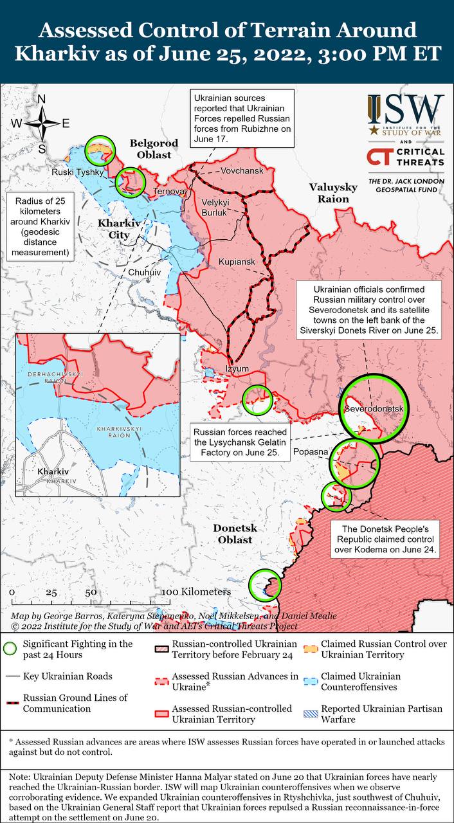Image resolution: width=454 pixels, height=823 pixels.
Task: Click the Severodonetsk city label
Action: [373, 409]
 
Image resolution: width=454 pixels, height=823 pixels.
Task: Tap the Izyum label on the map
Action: [237, 368]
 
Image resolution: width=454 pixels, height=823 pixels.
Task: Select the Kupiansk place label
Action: [237, 262]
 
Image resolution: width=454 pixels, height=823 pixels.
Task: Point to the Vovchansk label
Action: [242, 172]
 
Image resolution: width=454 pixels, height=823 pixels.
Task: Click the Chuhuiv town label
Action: [144, 273]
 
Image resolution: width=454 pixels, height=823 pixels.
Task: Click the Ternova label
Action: [168, 192]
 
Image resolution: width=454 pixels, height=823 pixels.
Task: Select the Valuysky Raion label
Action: [332, 193]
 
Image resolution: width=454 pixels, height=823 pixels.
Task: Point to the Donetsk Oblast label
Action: [235, 534]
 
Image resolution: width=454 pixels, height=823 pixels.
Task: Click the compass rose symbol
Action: [42, 122]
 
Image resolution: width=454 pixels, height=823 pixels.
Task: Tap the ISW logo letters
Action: [406, 111]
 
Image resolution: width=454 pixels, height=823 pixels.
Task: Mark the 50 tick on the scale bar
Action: [91, 592]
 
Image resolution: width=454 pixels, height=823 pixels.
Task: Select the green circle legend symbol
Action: [10, 649]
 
